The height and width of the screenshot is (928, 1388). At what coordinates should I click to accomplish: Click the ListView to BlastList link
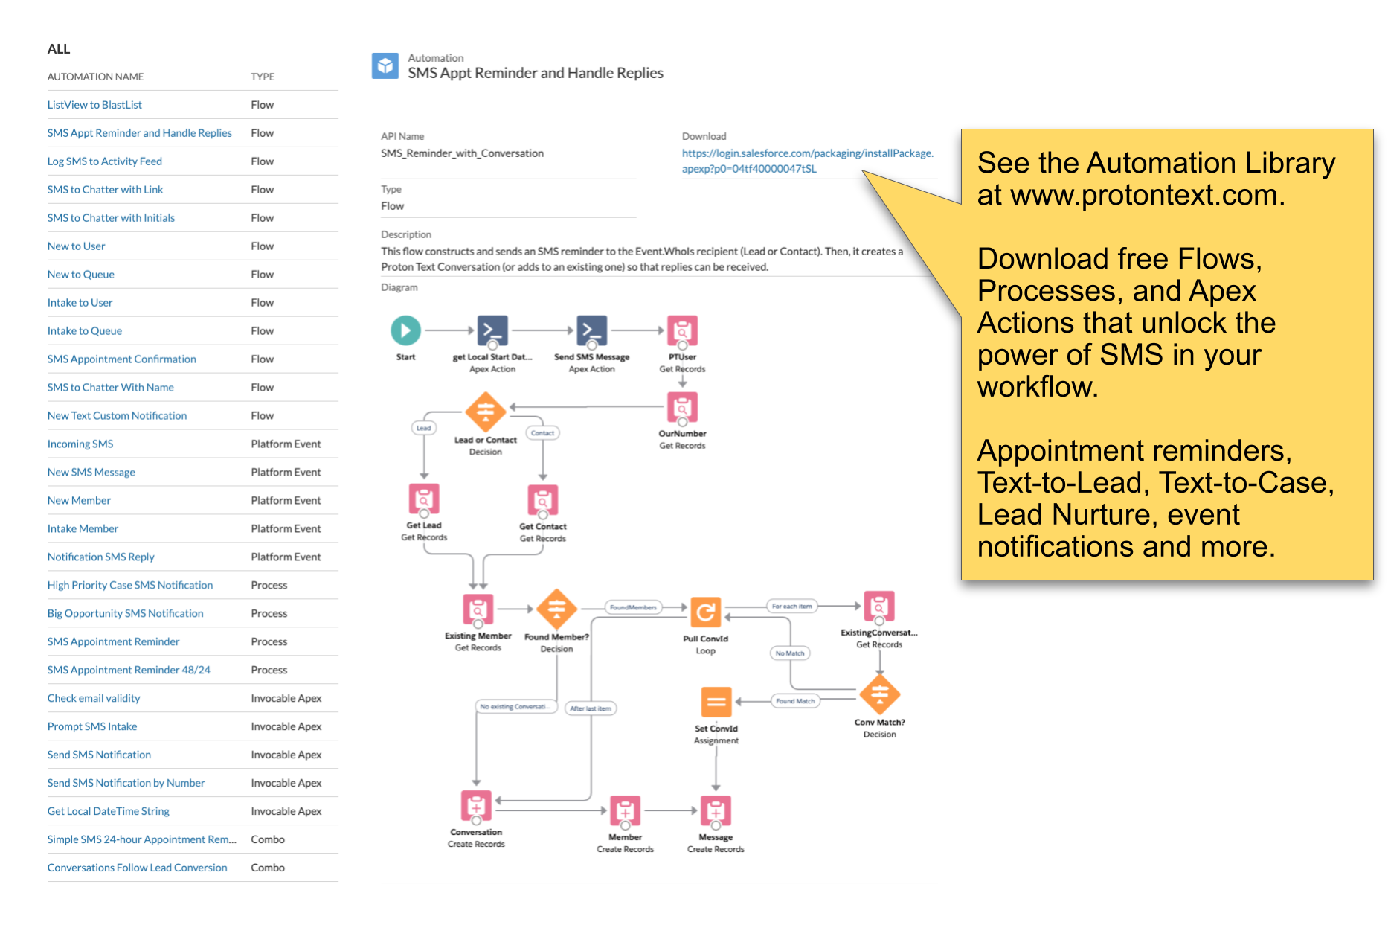(94, 105)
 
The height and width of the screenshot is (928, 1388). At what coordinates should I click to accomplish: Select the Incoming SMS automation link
(80, 444)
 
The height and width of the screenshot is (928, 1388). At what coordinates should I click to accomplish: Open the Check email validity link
(94, 699)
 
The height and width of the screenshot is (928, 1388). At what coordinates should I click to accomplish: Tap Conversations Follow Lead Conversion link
(138, 868)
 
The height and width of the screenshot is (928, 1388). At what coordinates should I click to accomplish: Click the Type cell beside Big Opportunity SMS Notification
(269, 614)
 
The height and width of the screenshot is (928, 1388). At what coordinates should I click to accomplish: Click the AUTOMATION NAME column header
(96, 77)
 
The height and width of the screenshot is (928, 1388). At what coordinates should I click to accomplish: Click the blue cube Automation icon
(385, 66)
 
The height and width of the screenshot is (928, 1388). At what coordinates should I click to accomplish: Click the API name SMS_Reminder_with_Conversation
(462, 153)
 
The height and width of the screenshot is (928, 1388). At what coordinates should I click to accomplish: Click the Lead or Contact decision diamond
(486, 411)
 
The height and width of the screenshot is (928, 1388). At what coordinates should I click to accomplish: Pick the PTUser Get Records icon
(682, 331)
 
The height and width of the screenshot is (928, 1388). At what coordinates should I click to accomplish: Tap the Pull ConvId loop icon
(706, 612)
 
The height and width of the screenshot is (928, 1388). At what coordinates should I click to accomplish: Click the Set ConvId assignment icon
(716, 701)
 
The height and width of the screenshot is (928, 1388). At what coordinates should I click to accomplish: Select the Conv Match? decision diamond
(879, 694)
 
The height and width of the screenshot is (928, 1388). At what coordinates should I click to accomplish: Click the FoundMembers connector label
(633, 607)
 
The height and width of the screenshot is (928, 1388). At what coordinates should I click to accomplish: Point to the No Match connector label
(790, 653)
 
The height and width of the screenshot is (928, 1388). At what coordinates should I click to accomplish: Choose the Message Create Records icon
(716, 810)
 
